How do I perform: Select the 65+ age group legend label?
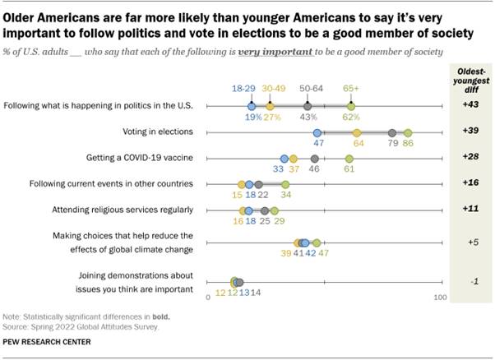point(351,86)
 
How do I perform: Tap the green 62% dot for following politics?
point(351,106)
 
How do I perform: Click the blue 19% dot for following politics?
point(252,106)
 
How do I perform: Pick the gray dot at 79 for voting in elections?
point(392,132)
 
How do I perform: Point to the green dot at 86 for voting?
point(408,132)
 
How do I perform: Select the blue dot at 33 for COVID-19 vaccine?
point(284,159)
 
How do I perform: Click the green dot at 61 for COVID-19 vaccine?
point(349,159)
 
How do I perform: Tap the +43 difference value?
point(470,105)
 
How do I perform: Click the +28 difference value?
point(470,157)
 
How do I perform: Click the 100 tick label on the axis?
point(440,297)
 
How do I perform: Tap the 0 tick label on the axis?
point(208,297)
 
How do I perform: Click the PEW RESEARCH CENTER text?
point(47,342)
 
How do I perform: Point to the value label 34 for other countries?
point(285,195)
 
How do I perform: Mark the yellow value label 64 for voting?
point(358,143)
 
